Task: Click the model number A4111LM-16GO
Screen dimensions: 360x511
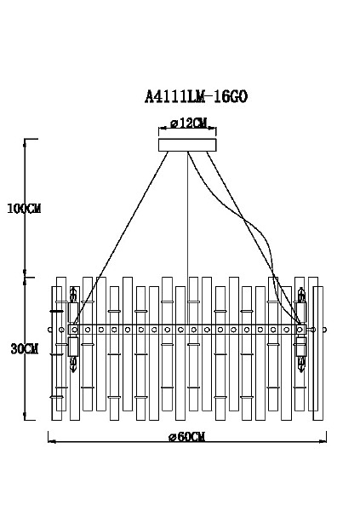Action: click(x=196, y=97)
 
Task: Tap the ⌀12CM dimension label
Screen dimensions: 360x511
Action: click(x=189, y=123)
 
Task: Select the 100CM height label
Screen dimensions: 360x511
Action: click(x=24, y=209)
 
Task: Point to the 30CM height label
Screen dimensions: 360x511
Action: click(x=25, y=349)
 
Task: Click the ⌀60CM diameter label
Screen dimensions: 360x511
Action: click(x=187, y=436)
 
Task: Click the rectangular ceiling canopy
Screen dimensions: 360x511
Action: click(x=187, y=145)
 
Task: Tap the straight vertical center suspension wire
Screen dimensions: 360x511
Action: click(x=187, y=238)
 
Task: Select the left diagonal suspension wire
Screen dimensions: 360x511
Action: click(x=121, y=238)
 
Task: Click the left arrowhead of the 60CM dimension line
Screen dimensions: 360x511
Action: click(x=51, y=441)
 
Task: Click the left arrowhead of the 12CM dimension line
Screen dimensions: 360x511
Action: click(x=161, y=129)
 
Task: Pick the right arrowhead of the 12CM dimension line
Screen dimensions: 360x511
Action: click(x=214, y=129)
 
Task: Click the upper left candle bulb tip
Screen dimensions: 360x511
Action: click(x=74, y=289)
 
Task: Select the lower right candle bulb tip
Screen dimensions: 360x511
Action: click(x=301, y=369)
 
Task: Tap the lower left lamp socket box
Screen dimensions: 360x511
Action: click(x=73, y=347)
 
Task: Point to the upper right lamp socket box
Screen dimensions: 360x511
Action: click(x=301, y=313)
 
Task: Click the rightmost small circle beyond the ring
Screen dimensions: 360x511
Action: click(x=324, y=330)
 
